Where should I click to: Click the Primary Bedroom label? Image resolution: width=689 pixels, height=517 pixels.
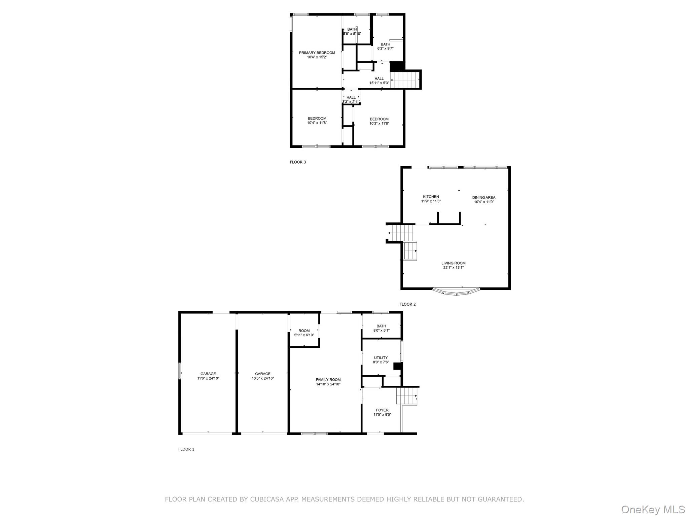(317, 55)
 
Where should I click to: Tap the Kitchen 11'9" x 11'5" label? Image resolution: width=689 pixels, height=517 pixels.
(431, 199)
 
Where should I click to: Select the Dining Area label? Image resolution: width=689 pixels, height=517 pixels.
(483, 200)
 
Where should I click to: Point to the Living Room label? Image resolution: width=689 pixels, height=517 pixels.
(453, 265)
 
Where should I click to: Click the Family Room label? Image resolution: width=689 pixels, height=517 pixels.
(328, 382)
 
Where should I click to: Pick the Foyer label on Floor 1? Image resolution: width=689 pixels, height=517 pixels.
(382, 412)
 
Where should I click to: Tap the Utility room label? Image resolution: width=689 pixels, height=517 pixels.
(381, 360)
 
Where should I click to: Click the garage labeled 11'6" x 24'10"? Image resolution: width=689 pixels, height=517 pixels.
(208, 376)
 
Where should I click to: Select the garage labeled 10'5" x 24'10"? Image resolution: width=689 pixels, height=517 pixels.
(262, 376)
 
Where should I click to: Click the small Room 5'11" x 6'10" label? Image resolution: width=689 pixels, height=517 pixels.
(304, 333)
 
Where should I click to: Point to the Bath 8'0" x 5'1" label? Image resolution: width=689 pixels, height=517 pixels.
(381, 328)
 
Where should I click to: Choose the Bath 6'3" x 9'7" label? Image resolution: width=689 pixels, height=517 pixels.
(385, 46)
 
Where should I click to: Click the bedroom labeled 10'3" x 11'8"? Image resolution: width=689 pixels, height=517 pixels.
(379, 121)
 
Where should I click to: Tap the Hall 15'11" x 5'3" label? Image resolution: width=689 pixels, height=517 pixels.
(379, 80)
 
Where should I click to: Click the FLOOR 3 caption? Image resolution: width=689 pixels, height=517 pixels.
(298, 162)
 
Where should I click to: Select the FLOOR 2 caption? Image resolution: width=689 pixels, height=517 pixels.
(407, 304)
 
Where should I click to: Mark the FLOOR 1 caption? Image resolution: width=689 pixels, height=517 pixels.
(186, 449)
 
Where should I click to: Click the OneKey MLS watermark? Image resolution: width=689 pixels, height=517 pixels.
(652, 509)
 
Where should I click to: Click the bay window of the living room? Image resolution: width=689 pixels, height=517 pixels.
(456, 292)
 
